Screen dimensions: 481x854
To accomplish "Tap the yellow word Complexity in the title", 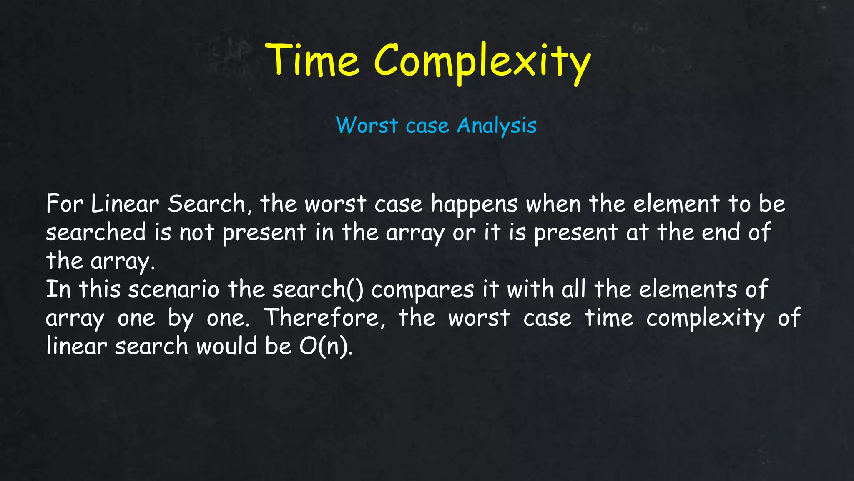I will [x=482, y=63].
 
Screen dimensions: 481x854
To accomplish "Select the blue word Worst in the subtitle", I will [x=367, y=125].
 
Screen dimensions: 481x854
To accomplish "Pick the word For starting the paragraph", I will [x=65, y=204].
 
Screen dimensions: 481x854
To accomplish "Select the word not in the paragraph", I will [x=196, y=233].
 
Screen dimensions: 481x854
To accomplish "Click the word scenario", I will [x=173, y=289].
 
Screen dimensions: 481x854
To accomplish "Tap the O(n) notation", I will [x=326, y=346].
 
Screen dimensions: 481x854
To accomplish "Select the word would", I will [x=226, y=346].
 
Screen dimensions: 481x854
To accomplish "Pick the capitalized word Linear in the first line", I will [x=125, y=204].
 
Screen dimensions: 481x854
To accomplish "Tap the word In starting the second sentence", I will [x=58, y=289].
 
